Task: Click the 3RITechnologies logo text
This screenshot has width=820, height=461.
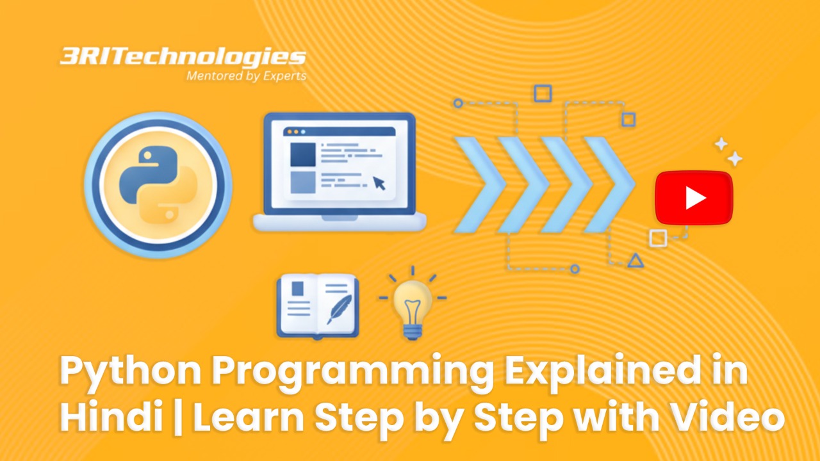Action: point(183,57)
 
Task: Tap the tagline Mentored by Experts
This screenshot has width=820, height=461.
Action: point(246,76)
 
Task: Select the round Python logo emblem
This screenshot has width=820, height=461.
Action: point(158,185)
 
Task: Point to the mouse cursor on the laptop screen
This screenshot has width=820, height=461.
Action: point(379,182)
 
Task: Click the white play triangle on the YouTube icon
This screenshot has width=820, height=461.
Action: point(694,198)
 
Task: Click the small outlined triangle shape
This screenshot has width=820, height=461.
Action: point(635,260)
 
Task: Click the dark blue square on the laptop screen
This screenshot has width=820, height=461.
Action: point(302,154)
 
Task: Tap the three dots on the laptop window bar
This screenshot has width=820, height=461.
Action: point(295,131)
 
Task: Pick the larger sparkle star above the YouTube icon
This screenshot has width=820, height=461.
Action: point(734,158)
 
